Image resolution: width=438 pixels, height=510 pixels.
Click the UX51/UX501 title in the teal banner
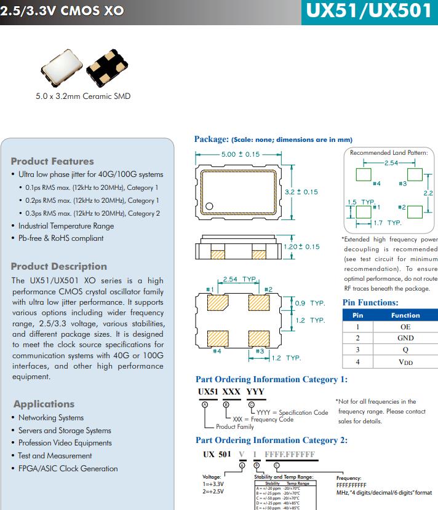point(369,12)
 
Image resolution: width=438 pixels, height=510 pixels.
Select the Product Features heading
point(52,161)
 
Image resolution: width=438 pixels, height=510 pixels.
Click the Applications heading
point(44,404)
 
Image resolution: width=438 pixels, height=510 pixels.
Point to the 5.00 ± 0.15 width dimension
point(241,154)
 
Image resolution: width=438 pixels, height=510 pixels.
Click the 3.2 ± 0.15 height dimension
point(301,192)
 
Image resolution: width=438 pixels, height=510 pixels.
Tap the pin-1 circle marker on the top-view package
point(209,207)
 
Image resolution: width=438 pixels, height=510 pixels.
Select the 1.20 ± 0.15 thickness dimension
point(301,246)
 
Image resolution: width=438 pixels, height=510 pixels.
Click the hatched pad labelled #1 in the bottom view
point(218,303)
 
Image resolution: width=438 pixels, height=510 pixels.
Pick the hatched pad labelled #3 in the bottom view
point(259,339)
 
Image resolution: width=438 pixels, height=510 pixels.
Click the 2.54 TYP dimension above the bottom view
point(239,279)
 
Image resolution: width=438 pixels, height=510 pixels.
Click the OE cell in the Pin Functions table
point(405,327)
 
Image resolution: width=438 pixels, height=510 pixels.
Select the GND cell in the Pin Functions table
point(405,338)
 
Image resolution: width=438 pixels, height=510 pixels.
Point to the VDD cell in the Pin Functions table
point(405,362)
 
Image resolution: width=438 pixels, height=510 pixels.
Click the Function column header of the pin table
point(405,315)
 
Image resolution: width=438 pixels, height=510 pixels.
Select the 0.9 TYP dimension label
point(310,304)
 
